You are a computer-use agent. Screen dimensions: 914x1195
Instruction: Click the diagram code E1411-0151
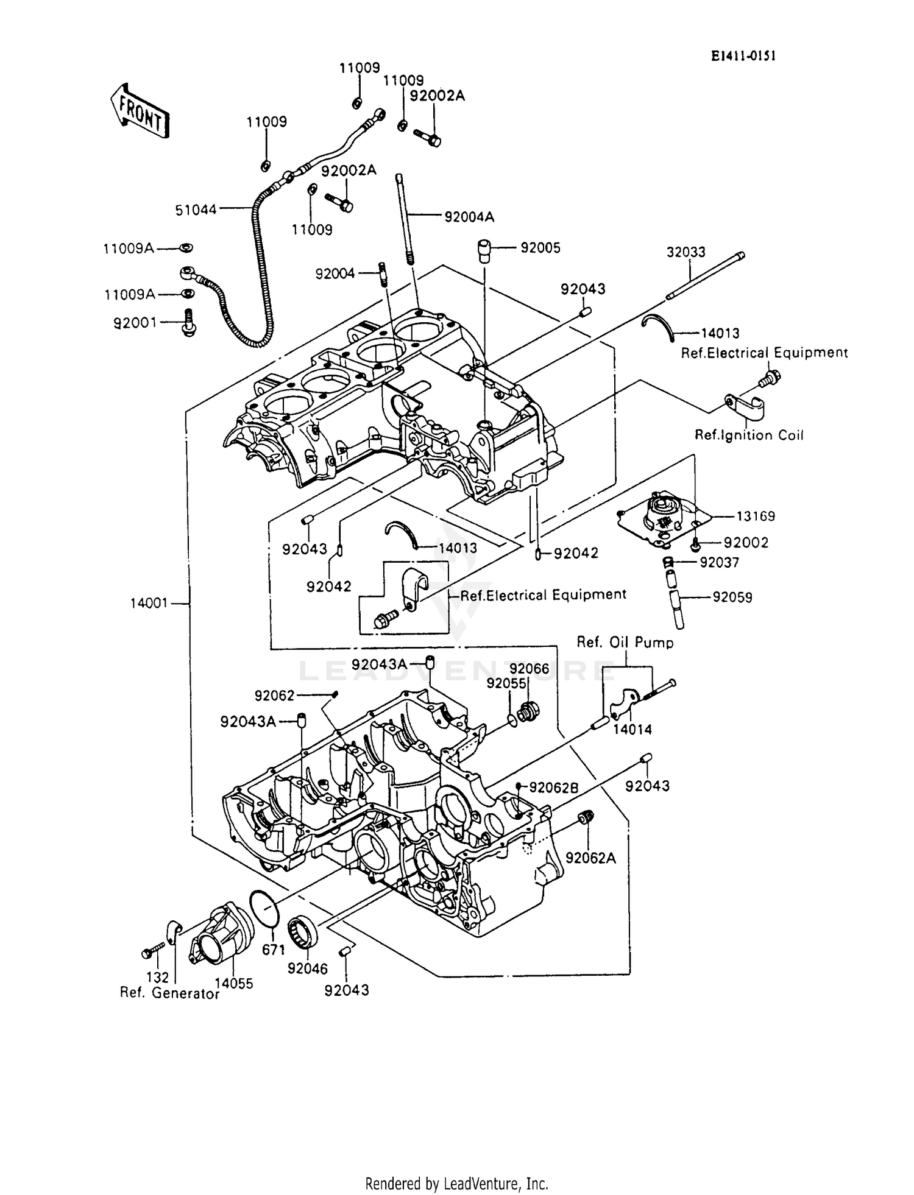pos(743,57)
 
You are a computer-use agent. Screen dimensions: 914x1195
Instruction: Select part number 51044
pos(196,210)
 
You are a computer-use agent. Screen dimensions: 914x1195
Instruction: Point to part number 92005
pos(540,248)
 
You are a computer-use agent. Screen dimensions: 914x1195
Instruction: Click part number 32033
pos(685,252)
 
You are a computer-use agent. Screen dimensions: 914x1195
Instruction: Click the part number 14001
pos(149,604)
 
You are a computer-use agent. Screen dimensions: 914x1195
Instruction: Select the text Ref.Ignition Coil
pos(749,435)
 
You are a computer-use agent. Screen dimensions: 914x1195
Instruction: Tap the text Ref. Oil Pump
pos(625,642)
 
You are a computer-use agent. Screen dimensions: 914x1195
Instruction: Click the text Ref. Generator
pos(169,993)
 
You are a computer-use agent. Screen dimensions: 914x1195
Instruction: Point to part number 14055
pos(233,983)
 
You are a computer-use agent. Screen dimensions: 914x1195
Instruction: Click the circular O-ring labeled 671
pos(264,907)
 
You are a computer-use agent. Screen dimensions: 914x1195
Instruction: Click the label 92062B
pos(553,788)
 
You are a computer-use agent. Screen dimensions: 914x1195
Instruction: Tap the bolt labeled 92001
pos(188,322)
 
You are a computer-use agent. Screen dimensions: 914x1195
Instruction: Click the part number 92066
pos(530,669)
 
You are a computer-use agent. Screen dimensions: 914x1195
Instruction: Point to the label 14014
pos(632,729)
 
